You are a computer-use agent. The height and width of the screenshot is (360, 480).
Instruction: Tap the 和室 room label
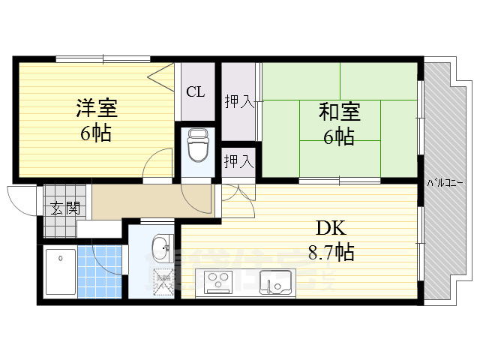coord(339,113)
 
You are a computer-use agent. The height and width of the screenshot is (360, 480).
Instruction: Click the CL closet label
coord(195,92)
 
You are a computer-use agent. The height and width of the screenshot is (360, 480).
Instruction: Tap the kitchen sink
coord(274,283)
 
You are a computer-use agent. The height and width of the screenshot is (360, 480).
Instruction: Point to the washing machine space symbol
coord(163,283)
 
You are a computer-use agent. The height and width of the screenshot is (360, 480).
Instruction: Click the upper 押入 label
coord(239,100)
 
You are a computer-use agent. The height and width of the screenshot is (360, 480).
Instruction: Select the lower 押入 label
coord(239,160)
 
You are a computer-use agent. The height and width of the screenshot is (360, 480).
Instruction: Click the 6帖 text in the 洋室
coord(96,133)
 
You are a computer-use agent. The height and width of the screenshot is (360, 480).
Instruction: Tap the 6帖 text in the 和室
coord(339,137)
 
